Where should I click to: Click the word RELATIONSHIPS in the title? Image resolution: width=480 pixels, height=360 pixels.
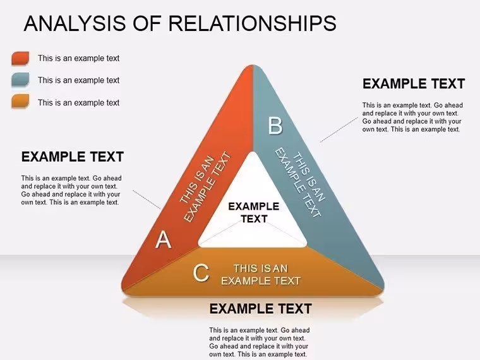(x=253, y=23)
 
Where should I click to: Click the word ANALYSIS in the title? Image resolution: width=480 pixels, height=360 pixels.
(x=75, y=23)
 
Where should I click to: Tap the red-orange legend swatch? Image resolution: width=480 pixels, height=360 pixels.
(x=20, y=58)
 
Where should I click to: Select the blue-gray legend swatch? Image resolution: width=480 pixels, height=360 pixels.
(x=20, y=80)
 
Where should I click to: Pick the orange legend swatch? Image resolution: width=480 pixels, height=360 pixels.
(x=20, y=101)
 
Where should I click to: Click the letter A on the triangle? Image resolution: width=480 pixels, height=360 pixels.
(x=163, y=239)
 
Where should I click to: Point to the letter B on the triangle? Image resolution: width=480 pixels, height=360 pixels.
(x=275, y=125)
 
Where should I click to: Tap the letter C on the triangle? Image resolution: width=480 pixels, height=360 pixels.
(x=201, y=273)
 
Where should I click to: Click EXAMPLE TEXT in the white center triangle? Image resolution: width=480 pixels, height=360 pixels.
(x=254, y=212)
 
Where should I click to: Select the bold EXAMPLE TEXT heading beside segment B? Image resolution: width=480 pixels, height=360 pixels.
(x=414, y=83)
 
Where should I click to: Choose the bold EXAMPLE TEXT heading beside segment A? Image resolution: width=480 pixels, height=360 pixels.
(x=72, y=157)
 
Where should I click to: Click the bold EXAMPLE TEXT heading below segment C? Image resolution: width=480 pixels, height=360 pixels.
(x=260, y=309)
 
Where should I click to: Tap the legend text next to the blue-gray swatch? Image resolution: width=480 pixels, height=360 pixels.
(x=78, y=80)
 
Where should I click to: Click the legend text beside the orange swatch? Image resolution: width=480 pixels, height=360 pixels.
(x=78, y=102)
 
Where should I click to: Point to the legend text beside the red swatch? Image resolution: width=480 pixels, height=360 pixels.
(x=78, y=58)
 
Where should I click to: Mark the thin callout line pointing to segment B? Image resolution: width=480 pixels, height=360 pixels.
(x=339, y=129)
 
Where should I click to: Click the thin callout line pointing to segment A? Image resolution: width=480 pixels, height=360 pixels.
(x=147, y=200)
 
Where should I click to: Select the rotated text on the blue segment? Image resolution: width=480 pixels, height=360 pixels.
(x=300, y=183)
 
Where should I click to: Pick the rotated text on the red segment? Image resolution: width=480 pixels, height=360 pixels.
(x=205, y=186)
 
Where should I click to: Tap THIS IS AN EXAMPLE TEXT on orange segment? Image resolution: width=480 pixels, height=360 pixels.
(x=261, y=275)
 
